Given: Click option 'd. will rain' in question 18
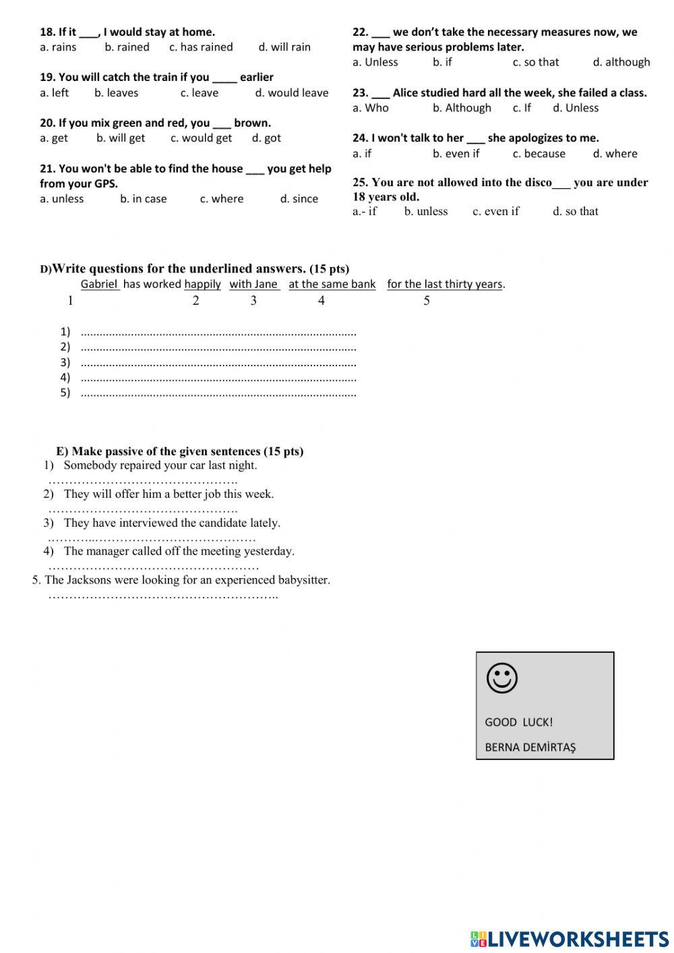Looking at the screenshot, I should tap(284, 47).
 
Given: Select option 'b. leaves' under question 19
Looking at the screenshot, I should tap(116, 93).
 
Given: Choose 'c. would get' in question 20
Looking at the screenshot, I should tap(201, 138).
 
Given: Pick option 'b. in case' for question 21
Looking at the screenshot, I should tap(143, 199).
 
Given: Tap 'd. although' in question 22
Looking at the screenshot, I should tap(621, 62).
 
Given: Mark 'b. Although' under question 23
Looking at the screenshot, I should tap(462, 108).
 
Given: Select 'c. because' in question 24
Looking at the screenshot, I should tap(539, 154).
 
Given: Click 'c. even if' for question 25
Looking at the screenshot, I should tap(495, 212).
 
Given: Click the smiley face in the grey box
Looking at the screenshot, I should tap(501, 678).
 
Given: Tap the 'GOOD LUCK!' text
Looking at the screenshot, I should tap(518, 722).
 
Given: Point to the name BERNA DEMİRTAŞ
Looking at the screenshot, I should tap(530, 747).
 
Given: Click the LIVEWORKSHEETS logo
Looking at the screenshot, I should tap(570, 939).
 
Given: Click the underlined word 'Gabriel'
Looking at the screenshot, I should tap(99, 284).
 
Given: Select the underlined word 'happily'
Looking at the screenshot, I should tap(202, 284).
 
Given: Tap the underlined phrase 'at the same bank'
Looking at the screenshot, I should tap(332, 284).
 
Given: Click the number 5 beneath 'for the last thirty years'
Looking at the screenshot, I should tap(427, 301).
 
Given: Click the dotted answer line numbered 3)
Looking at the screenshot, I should tap(218, 363).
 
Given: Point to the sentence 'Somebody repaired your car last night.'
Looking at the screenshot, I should tap(160, 465).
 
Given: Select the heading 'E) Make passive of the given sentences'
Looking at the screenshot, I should tap(179, 451).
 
